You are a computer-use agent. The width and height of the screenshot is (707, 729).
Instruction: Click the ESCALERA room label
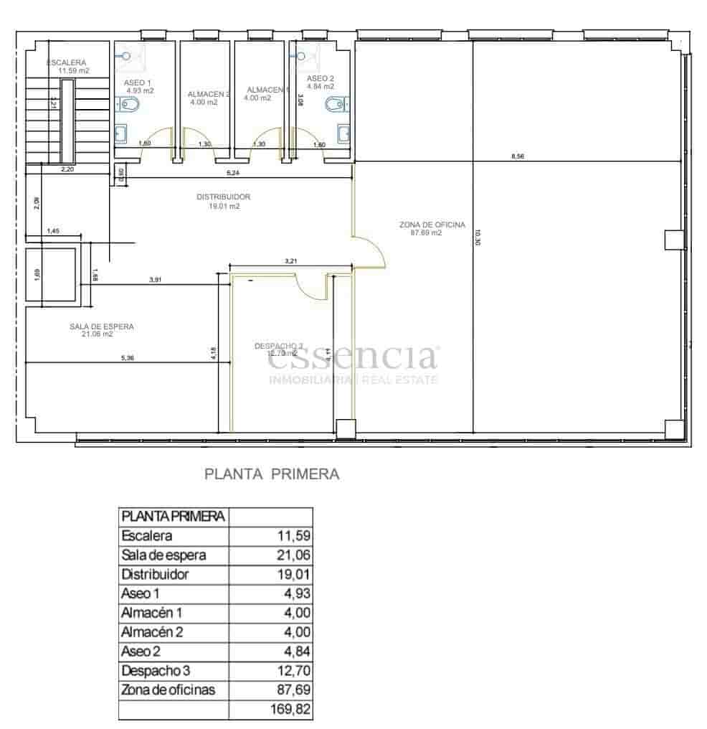pyautogui.click(x=67, y=63)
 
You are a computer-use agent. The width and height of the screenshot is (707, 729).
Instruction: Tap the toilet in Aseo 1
pyautogui.click(x=131, y=106)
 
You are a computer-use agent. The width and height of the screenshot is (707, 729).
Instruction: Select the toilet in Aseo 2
pyautogui.click(x=335, y=106)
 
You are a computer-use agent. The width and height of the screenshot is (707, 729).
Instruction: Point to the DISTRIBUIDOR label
pyautogui.click(x=224, y=197)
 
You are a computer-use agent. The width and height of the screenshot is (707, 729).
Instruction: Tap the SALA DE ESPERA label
pyautogui.click(x=102, y=326)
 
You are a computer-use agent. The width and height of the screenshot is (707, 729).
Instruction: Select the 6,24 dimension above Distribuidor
pyautogui.click(x=233, y=173)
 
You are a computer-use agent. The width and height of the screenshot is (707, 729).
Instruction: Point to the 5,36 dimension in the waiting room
pyautogui.click(x=127, y=358)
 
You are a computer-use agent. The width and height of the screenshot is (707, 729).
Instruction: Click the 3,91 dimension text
pyautogui.click(x=156, y=279)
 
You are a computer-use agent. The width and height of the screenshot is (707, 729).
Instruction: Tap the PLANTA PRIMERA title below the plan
pyautogui.click(x=272, y=474)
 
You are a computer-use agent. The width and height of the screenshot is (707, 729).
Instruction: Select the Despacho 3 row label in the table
pyautogui.click(x=156, y=671)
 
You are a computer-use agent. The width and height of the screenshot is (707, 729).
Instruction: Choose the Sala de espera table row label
pyautogui.click(x=164, y=555)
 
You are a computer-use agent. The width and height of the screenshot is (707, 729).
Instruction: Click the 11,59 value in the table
pyautogui.click(x=293, y=535)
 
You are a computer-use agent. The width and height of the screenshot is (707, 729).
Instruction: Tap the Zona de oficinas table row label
pyautogui.click(x=169, y=690)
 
